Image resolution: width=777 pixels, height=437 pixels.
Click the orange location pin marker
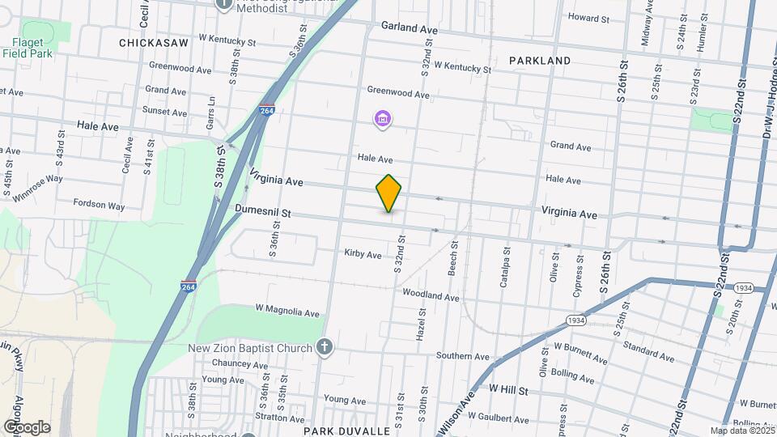pyautogui.click(x=389, y=193)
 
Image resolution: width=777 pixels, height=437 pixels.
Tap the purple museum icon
pyautogui.click(x=383, y=120)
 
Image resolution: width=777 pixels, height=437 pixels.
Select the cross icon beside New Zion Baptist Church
pyautogui.click(x=325, y=348)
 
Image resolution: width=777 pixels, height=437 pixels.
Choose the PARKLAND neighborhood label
pyautogui.click(x=540, y=61)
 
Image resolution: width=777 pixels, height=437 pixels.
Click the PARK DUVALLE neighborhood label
pyautogui.click(x=347, y=431)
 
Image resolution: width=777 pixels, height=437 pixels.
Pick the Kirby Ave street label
pyautogui.click(x=363, y=254)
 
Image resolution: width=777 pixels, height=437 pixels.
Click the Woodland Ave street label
pyautogui.click(x=431, y=295)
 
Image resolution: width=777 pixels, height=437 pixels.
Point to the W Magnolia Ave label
pyautogui.click(x=287, y=312)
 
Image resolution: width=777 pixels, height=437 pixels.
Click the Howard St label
pyautogui.click(x=588, y=18)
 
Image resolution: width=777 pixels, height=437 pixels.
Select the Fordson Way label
pyautogui.click(x=99, y=205)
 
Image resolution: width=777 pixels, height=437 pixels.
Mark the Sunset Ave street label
pyautogui.click(x=164, y=111)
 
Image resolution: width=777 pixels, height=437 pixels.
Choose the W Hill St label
pyautogui.click(x=508, y=390)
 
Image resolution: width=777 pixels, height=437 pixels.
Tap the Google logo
pyautogui.click(x=27, y=426)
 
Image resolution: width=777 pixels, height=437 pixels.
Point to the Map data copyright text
pyautogui.click(x=741, y=431)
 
